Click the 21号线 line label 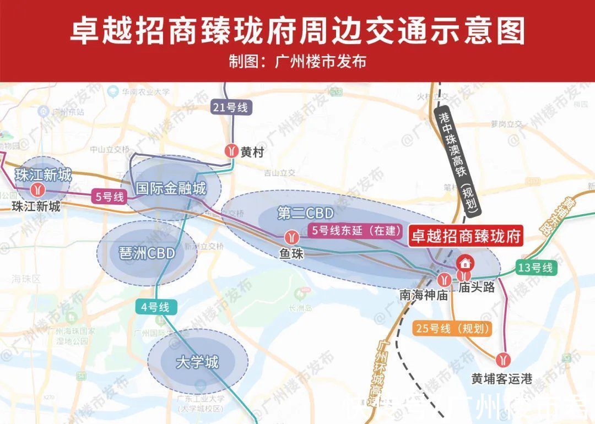tap(231, 107)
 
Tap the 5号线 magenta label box tap(109, 197)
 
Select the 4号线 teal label tap(155, 307)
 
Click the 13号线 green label tap(534, 268)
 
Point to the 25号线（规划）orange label tap(452, 329)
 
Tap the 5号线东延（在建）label tap(356, 231)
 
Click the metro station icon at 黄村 tap(231, 151)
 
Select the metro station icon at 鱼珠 tap(290, 238)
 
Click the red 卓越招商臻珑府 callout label tap(466, 237)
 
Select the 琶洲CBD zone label tap(147, 253)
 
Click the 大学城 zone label tap(197, 362)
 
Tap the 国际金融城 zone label tap(171, 189)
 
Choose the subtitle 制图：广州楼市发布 tap(297, 61)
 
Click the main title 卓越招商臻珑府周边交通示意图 tap(297, 31)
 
